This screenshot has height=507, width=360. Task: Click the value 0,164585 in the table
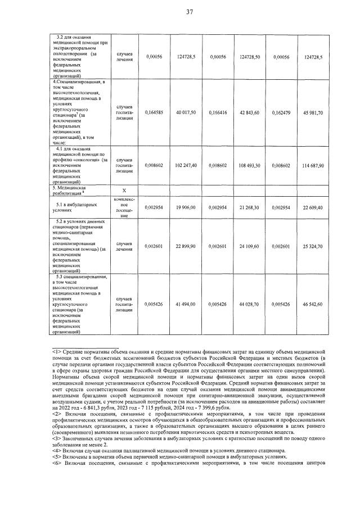(x=154, y=113)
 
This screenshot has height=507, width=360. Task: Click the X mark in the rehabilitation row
(x=124, y=191)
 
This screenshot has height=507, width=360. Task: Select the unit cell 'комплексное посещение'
(x=124, y=207)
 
